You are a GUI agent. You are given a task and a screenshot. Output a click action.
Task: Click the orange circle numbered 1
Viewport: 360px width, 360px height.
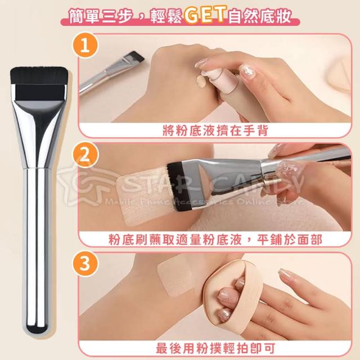coord(85,46)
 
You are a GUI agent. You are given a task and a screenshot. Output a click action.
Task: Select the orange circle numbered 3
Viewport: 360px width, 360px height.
coord(85,264)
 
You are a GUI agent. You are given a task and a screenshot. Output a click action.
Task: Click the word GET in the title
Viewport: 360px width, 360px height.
coord(205,16)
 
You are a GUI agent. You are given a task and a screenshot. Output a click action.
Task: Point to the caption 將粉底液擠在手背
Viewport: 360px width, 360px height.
coord(215,130)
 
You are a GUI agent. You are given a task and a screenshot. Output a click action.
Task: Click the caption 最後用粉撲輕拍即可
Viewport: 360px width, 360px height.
coord(215,348)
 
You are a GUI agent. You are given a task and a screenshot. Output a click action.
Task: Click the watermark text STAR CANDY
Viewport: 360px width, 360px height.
coord(211,184)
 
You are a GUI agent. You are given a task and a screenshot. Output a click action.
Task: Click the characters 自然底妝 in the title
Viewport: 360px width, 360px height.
coord(260,16)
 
